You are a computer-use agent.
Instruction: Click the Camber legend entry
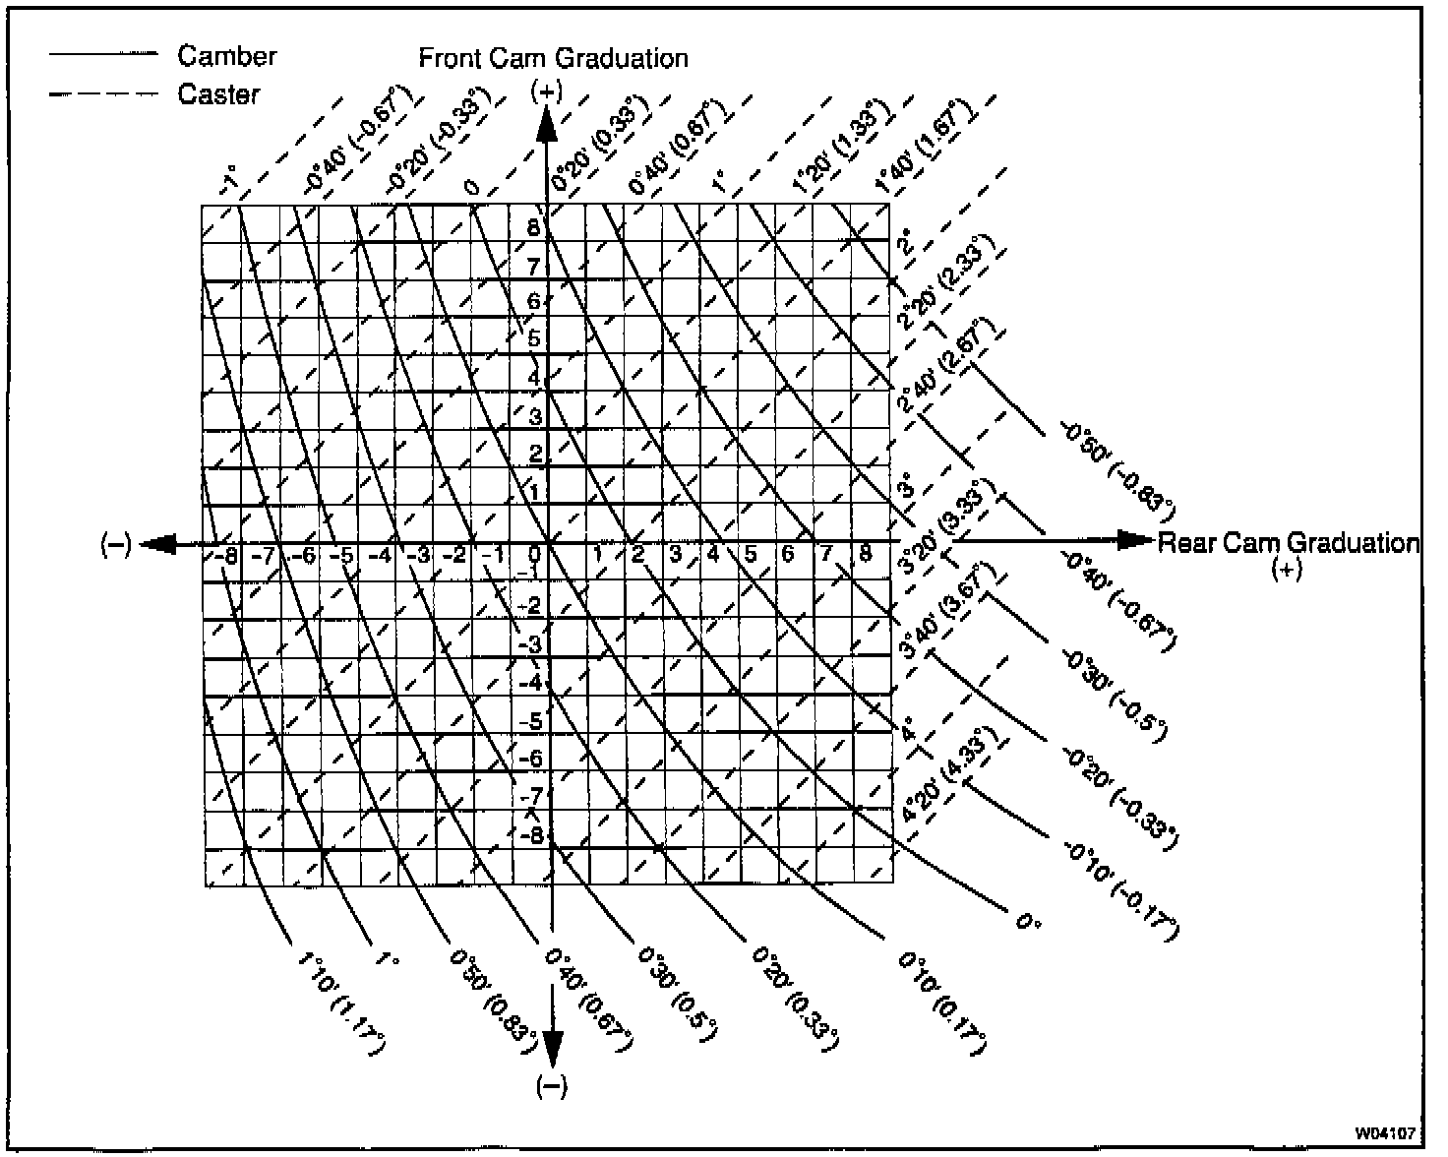pos(227,56)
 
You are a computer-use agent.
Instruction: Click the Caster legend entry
pos(218,94)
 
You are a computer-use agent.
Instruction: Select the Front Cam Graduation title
pos(554,58)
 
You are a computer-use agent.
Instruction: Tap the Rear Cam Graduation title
pos(1289,543)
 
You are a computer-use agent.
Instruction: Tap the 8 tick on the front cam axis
pos(533,228)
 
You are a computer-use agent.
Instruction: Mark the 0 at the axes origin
pos(536,553)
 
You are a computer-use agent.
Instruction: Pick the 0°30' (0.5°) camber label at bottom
pos(678,994)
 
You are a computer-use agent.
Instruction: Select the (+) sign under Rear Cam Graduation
pos(1287,570)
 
